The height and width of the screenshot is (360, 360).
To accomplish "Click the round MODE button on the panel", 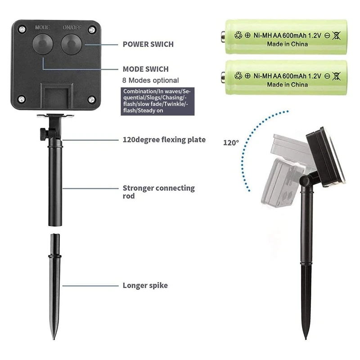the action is [43, 44].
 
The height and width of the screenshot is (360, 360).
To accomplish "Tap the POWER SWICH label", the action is [148, 44].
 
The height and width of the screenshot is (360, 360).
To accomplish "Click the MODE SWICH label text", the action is [145, 69].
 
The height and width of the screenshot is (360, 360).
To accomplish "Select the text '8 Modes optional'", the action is [150, 81].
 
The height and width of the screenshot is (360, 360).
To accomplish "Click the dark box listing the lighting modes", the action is [157, 101].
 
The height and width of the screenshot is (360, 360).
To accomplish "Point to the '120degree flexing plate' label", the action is [164, 139].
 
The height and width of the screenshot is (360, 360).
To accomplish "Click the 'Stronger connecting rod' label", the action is [159, 192].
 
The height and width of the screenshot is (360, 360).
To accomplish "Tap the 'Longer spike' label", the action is [145, 285].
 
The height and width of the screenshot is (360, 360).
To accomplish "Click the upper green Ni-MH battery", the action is [284, 37].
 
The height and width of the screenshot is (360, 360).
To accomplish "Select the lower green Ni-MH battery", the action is [284, 77].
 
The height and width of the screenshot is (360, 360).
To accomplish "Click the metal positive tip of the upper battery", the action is [223, 37].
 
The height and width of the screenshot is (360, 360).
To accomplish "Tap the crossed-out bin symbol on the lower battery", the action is [336, 76].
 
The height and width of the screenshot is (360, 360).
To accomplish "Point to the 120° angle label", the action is [231, 143].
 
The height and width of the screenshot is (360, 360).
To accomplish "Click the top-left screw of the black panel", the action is [22, 29].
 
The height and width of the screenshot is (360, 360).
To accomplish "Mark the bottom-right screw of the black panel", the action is [91, 99].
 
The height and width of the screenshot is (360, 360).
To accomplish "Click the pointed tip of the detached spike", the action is [54, 339].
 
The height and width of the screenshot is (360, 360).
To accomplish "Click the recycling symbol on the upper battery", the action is [238, 35].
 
